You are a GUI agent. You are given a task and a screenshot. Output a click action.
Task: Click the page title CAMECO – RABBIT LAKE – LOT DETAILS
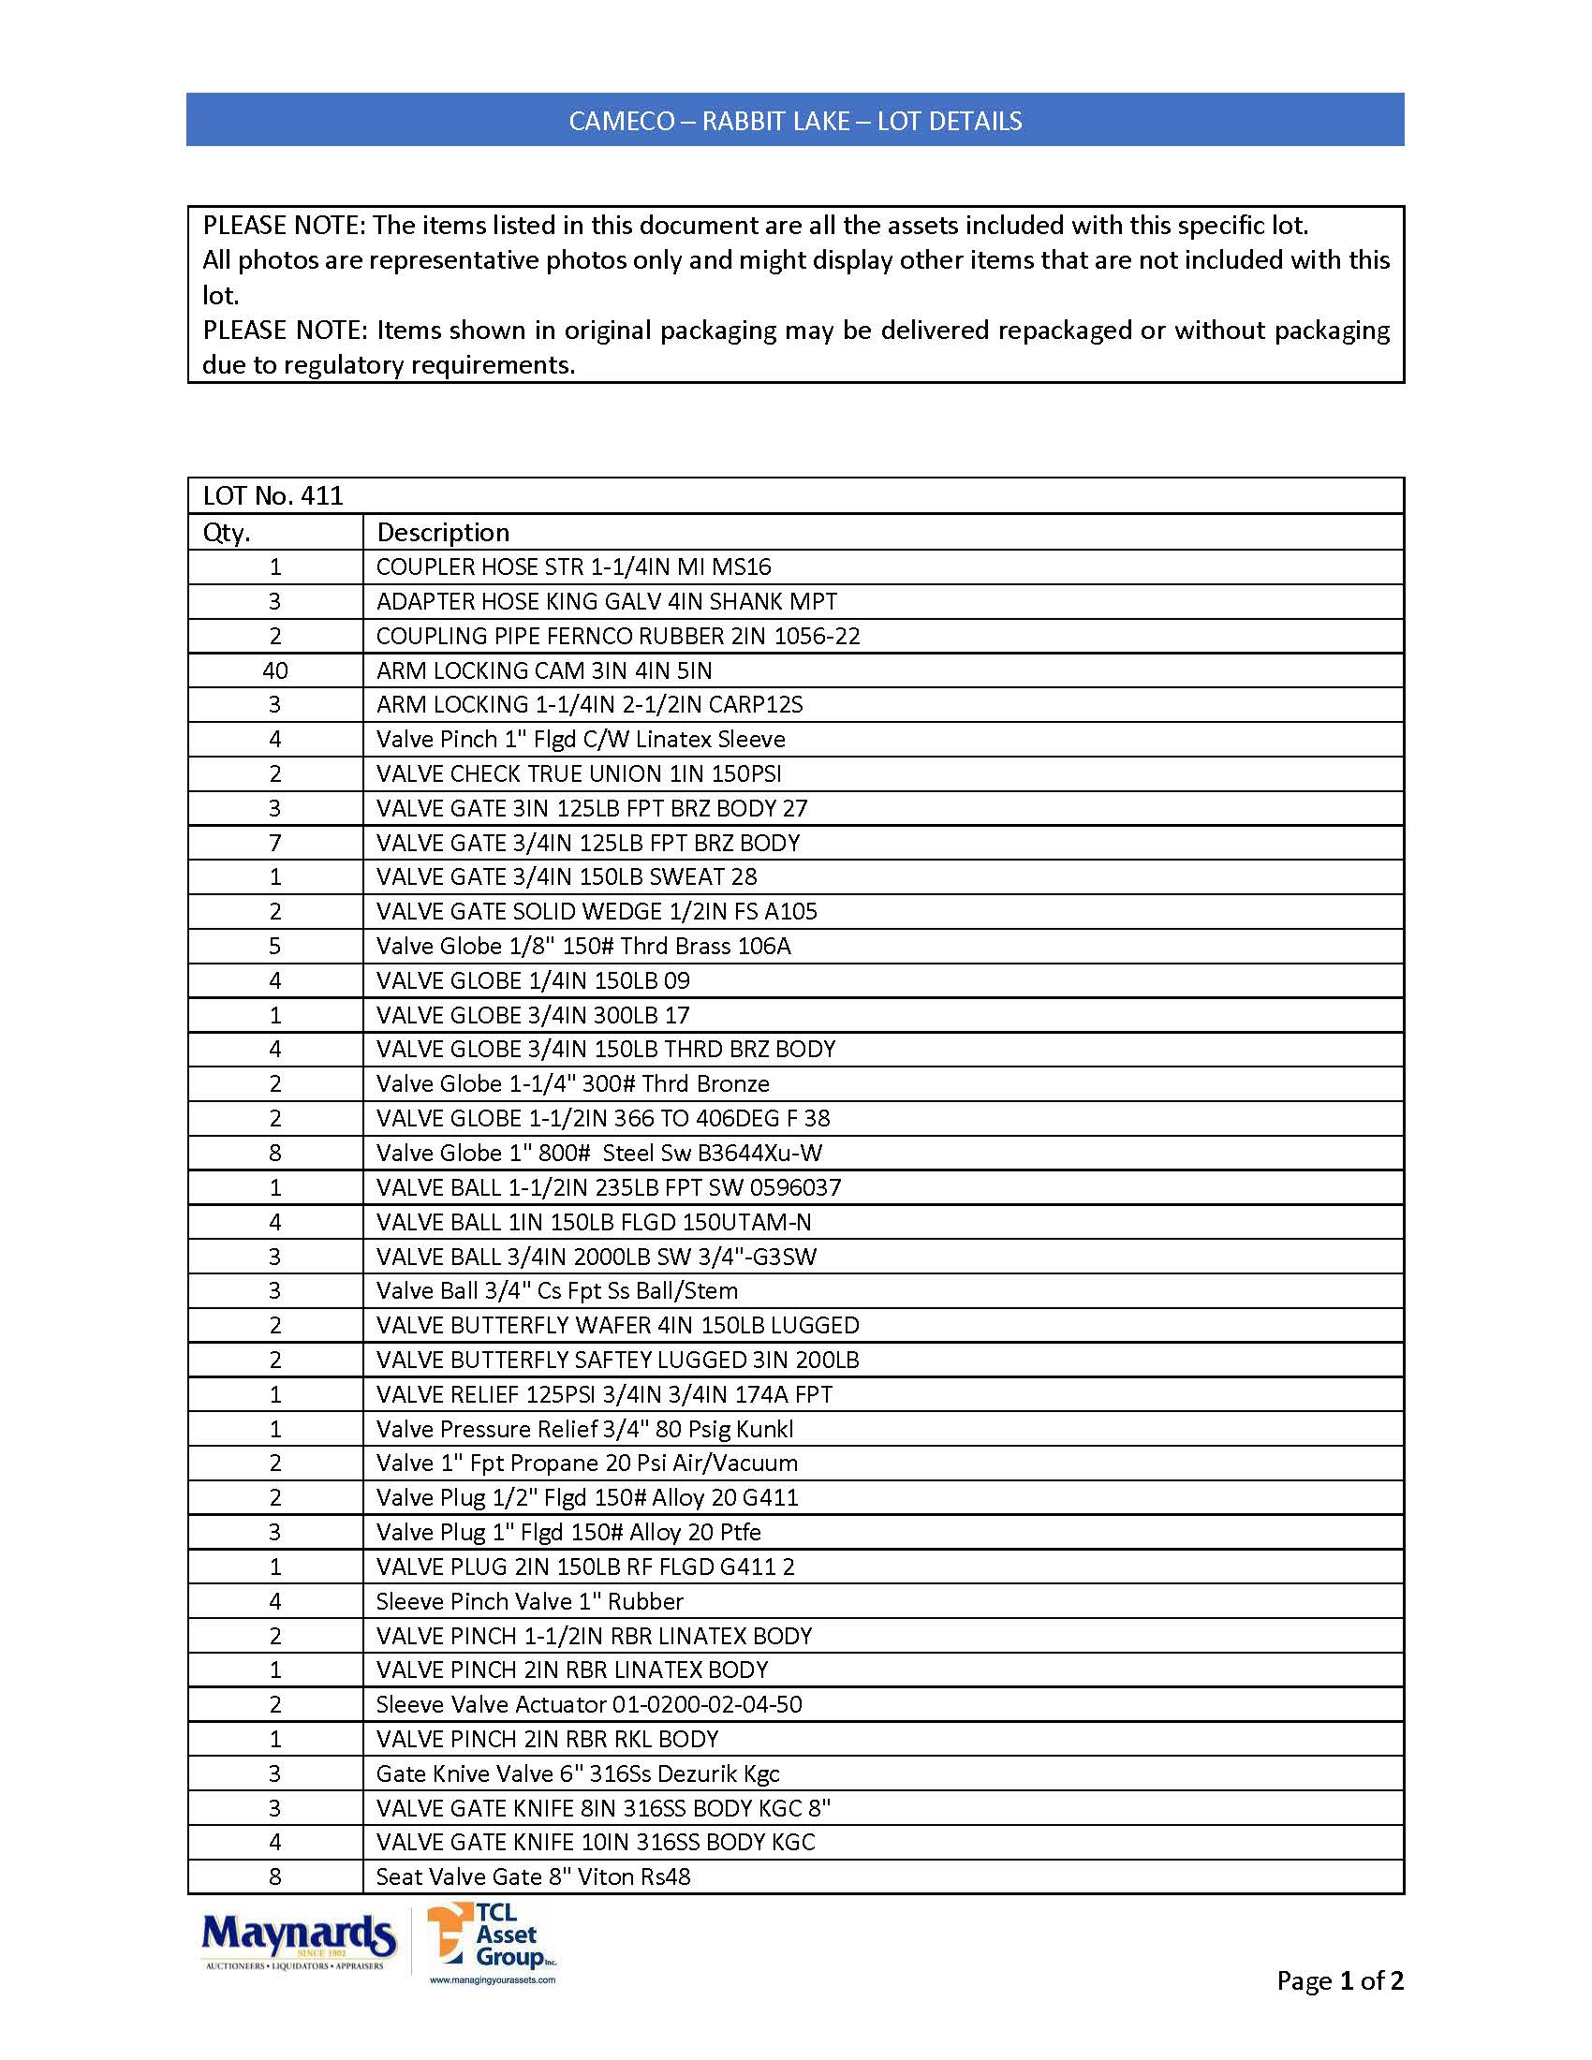tap(795, 121)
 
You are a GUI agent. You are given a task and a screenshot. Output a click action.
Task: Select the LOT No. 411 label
tap(273, 496)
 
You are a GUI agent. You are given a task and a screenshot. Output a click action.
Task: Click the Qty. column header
tap(227, 533)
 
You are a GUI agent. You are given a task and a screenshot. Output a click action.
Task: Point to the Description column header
tap(442, 533)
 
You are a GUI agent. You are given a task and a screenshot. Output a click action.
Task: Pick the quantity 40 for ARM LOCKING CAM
tap(274, 670)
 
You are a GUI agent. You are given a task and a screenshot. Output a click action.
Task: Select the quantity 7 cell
tap(274, 844)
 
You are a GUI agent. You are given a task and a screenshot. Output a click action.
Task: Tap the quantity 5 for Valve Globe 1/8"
tap(274, 946)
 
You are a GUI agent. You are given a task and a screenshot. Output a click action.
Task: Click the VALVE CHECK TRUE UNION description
tap(578, 774)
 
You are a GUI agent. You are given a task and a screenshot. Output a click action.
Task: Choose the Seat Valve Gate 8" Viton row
tap(533, 1877)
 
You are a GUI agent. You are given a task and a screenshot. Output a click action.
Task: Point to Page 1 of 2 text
tap(1339, 1980)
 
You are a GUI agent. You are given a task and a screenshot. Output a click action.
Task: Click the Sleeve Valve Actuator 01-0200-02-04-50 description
tap(588, 1704)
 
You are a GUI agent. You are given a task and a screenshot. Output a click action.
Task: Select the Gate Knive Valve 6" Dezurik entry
tap(577, 1773)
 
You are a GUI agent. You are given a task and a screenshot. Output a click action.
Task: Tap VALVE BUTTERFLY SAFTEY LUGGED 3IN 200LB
tap(617, 1361)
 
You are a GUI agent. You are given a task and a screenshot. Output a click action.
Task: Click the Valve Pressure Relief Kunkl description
tap(583, 1429)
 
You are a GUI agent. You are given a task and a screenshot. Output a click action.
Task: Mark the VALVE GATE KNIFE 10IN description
tap(595, 1842)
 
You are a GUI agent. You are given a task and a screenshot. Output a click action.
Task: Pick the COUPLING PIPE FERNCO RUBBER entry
tap(618, 637)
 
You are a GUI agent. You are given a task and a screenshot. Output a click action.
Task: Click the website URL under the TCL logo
tap(493, 1979)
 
